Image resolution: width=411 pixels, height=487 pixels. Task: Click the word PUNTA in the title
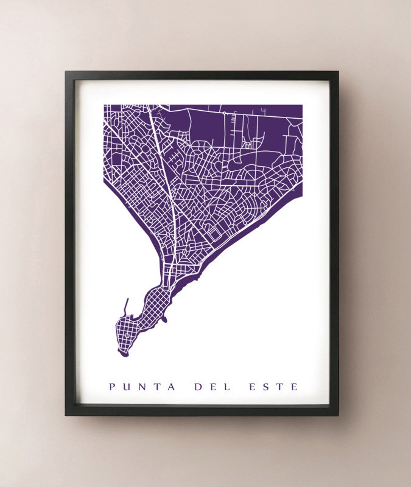tap(142, 387)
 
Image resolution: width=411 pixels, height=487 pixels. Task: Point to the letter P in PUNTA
tap(112, 387)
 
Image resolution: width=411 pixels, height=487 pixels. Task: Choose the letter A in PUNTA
tap(172, 387)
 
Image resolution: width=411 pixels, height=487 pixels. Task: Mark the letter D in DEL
tap(198, 387)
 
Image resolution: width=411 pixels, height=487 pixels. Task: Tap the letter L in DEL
tap(227, 387)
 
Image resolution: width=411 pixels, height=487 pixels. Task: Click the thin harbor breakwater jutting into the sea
tap(126, 307)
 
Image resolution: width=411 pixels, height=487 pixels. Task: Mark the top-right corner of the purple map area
tap(302, 105)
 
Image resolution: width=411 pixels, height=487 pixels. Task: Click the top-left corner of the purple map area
tap(104, 105)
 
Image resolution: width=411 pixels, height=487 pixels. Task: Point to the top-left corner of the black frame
tap(65, 72)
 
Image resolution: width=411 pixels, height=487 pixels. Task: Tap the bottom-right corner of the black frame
tap(338, 415)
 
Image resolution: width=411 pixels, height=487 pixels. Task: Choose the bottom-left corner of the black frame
tap(65, 415)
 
